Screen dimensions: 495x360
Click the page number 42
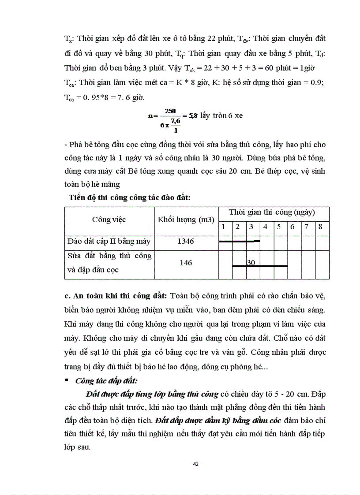196,464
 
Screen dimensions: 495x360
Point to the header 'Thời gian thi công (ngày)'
272,212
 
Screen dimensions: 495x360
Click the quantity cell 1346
186,242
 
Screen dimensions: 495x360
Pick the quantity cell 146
186,263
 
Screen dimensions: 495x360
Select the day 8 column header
320,227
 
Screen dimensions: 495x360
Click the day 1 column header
224,227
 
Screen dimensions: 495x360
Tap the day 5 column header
279,227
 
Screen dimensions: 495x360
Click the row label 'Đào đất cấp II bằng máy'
109,242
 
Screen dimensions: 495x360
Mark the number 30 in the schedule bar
251,263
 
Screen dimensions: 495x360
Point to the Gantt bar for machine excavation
239,241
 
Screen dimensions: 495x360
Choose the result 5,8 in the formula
193,116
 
